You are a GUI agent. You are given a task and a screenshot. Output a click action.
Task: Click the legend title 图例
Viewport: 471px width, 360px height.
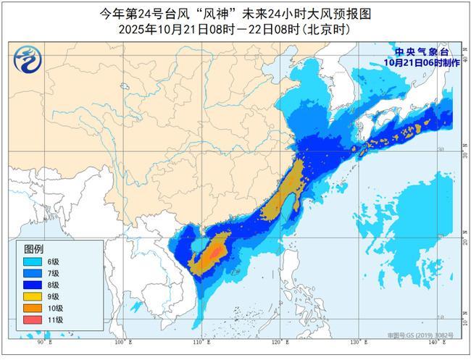(x=33, y=249)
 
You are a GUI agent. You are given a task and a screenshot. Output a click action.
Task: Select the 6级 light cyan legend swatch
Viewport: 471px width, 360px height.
(x=33, y=261)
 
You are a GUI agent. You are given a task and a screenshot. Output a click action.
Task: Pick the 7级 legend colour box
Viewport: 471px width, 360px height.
(x=33, y=273)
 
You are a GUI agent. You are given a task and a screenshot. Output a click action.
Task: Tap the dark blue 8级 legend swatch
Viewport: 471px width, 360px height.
(x=33, y=285)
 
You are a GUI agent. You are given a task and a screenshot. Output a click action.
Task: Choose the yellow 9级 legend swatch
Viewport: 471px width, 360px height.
(x=33, y=296)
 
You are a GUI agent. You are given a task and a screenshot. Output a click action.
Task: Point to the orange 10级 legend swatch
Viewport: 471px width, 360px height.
(x=33, y=308)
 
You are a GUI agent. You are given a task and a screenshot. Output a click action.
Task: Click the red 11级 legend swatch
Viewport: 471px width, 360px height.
(x=33, y=319)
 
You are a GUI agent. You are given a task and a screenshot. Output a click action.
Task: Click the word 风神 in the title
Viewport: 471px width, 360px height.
(x=215, y=13)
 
